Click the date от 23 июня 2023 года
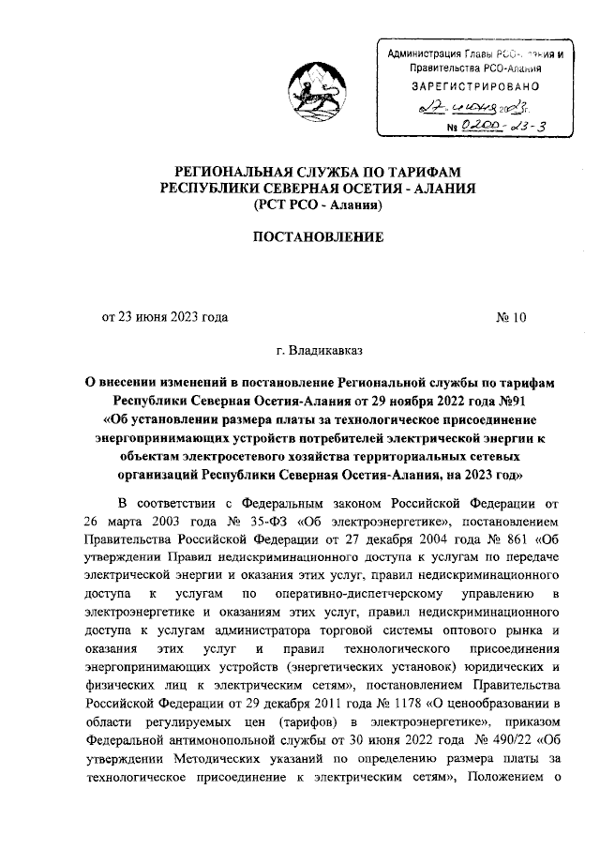[165, 316]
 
